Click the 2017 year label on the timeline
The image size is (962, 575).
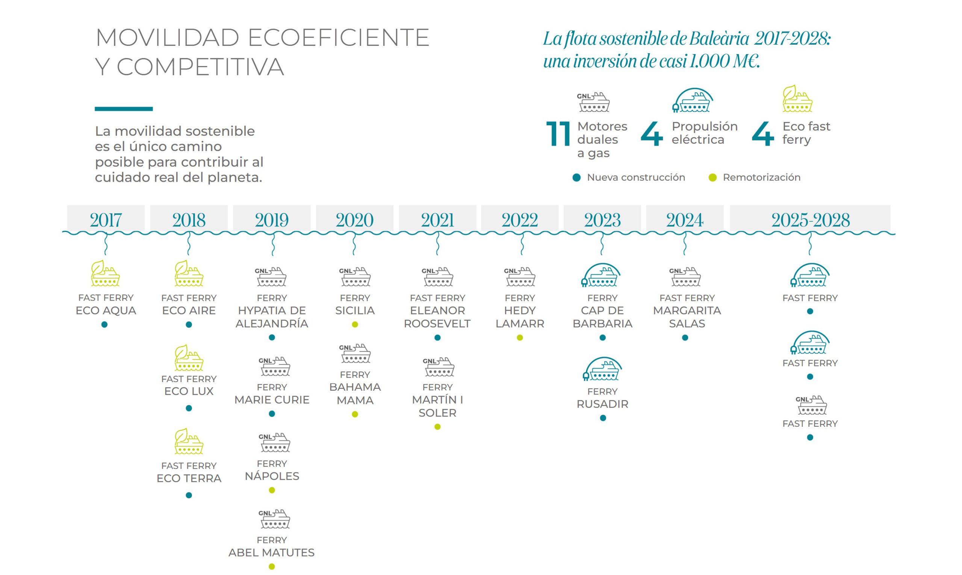(x=106, y=220)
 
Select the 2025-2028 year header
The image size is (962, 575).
(x=810, y=220)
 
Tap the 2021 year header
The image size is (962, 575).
(x=437, y=220)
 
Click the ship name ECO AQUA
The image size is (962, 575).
(x=106, y=310)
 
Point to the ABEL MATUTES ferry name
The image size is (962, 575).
(x=272, y=552)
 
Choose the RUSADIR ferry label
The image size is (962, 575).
(x=602, y=404)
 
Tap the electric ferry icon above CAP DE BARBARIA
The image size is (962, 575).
(x=601, y=275)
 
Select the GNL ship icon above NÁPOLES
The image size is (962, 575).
(x=274, y=443)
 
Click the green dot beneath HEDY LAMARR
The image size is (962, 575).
(x=520, y=338)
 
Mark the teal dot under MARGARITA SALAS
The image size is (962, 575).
(x=685, y=338)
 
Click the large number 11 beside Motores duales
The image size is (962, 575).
(x=558, y=134)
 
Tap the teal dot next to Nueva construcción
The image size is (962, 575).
(x=576, y=178)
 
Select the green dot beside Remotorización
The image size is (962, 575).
(x=712, y=178)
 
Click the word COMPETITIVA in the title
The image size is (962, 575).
(x=200, y=67)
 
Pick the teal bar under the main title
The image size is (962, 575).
(x=124, y=109)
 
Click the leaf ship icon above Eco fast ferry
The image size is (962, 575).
(x=797, y=99)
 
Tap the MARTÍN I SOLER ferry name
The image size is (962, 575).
(x=437, y=406)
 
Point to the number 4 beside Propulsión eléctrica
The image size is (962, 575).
(x=652, y=134)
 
